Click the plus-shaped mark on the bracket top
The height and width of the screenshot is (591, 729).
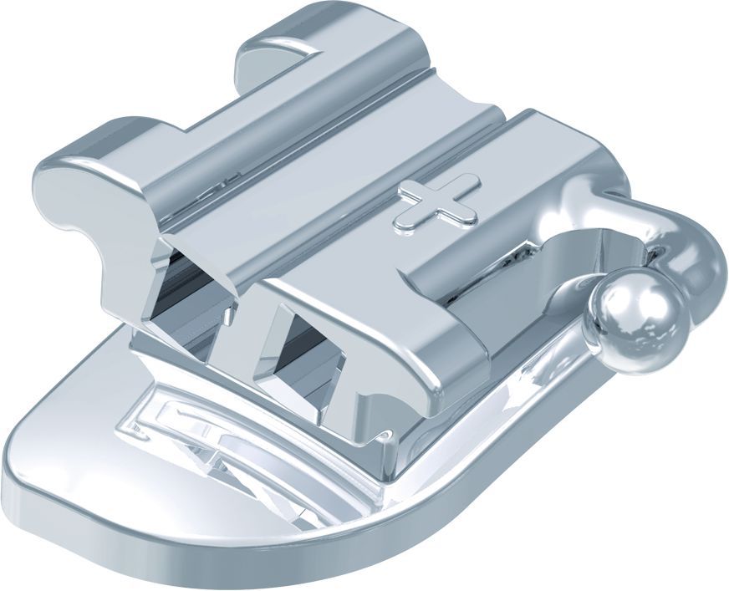438,201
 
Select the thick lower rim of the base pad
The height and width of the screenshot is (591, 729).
251,560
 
